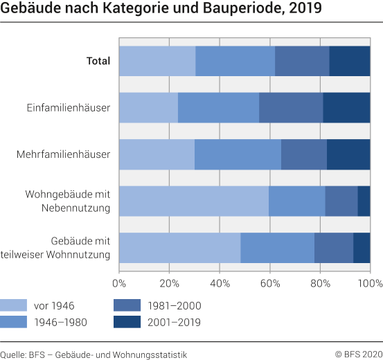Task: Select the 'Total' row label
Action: (x=98, y=61)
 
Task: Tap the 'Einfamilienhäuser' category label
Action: (x=68, y=107)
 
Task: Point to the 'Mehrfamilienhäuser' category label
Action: (x=63, y=154)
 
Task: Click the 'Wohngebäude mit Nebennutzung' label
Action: (x=68, y=201)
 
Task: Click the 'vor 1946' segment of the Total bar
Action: (x=157, y=61)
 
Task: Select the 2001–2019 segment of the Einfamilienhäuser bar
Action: (x=346, y=107)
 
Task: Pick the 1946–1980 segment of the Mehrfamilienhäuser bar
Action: (x=238, y=154)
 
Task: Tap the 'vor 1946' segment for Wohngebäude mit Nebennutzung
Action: (x=194, y=201)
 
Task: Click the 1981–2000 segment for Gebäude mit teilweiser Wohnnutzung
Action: (x=333, y=248)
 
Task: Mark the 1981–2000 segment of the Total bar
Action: (x=302, y=61)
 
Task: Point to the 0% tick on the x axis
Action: (x=119, y=282)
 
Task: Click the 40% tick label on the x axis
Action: (x=220, y=282)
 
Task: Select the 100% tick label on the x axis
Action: (x=370, y=282)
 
